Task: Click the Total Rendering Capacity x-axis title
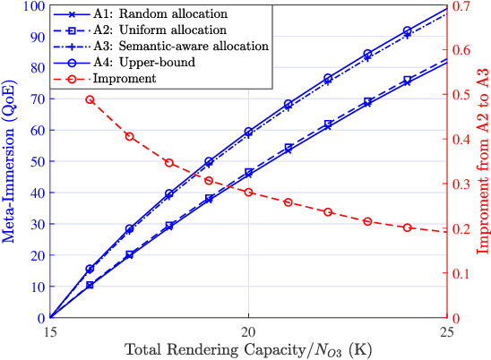pos(248,348)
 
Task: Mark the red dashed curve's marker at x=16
pos(90,99)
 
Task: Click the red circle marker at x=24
pos(407,227)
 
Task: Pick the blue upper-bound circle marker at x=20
pos(248,132)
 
